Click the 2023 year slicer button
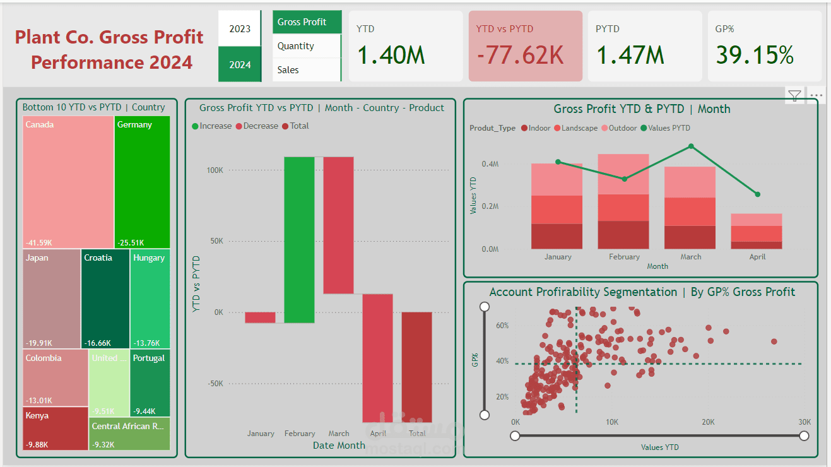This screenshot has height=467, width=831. pyautogui.click(x=240, y=29)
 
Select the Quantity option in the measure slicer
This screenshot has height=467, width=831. pyautogui.click(x=295, y=46)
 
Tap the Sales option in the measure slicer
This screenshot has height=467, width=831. pyautogui.click(x=288, y=70)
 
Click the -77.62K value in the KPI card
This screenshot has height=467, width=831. pyautogui.click(x=520, y=56)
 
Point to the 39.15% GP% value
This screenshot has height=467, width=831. pyautogui.click(x=755, y=56)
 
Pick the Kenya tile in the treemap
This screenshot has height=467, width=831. pyautogui.click(x=56, y=428)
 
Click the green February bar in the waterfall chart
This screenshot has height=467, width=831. pyautogui.click(x=299, y=240)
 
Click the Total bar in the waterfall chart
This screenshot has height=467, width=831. pyautogui.click(x=417, y=367)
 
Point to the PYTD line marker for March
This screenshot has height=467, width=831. pyautogui.click(x=691, y=146)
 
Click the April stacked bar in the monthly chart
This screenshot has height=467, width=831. pyautogui.click(x=757, y=231)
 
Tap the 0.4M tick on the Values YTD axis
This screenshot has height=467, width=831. pyautogui.click(x=490, y=164)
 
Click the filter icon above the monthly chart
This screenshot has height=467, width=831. pyautogui.click(x=794, y=96)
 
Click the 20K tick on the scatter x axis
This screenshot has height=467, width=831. pyautogui.click(x=709, y=422)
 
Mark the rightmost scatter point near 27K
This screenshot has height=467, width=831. pyautogui.click(x=774, y=341)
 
